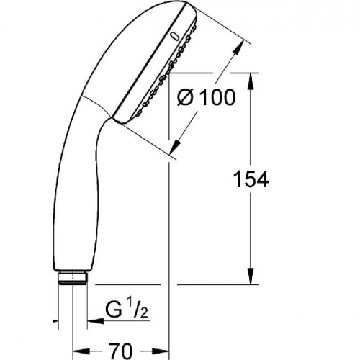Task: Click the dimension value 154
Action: pos(251,179)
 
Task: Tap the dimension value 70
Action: pos(120,351)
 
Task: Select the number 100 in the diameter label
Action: pos(217,97)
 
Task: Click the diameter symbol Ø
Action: pos(185,97)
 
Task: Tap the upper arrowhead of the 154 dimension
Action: pos(251,81)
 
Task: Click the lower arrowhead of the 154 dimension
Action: pos(251,276)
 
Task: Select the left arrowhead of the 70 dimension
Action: pos(81,351)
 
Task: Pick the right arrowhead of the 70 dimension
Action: pos(161,351)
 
